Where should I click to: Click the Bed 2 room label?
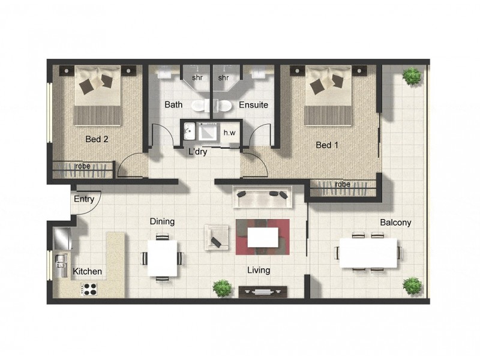click(x=97, y=139)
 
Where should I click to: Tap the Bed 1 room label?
click(x=328, y=145)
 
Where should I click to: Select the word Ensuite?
click(x=253, y=105)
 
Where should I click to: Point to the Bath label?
click(x=173, y=105)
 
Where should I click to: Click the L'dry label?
click(x=198, y=152)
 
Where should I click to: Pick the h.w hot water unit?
click(x=229, y=133)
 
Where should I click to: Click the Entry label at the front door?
click(x=84, y=199)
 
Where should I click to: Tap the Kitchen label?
click(x=88, y=272)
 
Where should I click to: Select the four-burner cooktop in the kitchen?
click(x=90, y=289)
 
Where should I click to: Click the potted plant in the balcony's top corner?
click(x=412, y=76)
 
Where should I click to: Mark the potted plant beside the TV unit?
click(x=223, y=288)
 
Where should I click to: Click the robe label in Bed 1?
click(x=343, y=184)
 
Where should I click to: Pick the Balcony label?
click(x=395, y=223)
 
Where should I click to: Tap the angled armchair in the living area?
click(x=216, y=236)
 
